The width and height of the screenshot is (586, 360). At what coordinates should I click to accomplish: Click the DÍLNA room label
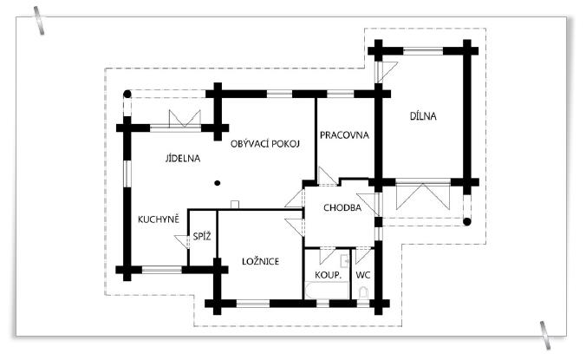(424, 115)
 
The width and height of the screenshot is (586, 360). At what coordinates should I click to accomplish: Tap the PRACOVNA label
(344, 135)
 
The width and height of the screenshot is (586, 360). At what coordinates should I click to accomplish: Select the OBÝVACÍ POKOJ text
(265, 143)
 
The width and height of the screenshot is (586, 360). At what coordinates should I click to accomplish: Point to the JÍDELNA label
(183, 159)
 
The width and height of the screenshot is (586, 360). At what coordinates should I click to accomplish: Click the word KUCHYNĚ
(159, 219)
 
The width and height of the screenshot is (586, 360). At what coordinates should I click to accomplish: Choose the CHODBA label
(342, 208)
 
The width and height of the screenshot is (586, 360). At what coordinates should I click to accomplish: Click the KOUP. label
(328, 275)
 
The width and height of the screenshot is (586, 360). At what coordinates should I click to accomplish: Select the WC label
(363, 275)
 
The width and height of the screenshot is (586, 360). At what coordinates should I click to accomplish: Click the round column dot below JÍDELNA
(218, 182)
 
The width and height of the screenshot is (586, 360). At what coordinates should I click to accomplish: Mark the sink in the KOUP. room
(344, 259)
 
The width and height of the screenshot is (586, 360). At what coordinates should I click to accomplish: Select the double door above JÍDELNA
(185, 119)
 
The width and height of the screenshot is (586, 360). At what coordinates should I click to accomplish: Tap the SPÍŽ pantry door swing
(183, 243)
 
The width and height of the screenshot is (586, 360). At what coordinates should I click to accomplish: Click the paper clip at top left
(40, 21)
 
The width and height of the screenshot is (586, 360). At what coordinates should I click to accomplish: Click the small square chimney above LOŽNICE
(234, 205)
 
